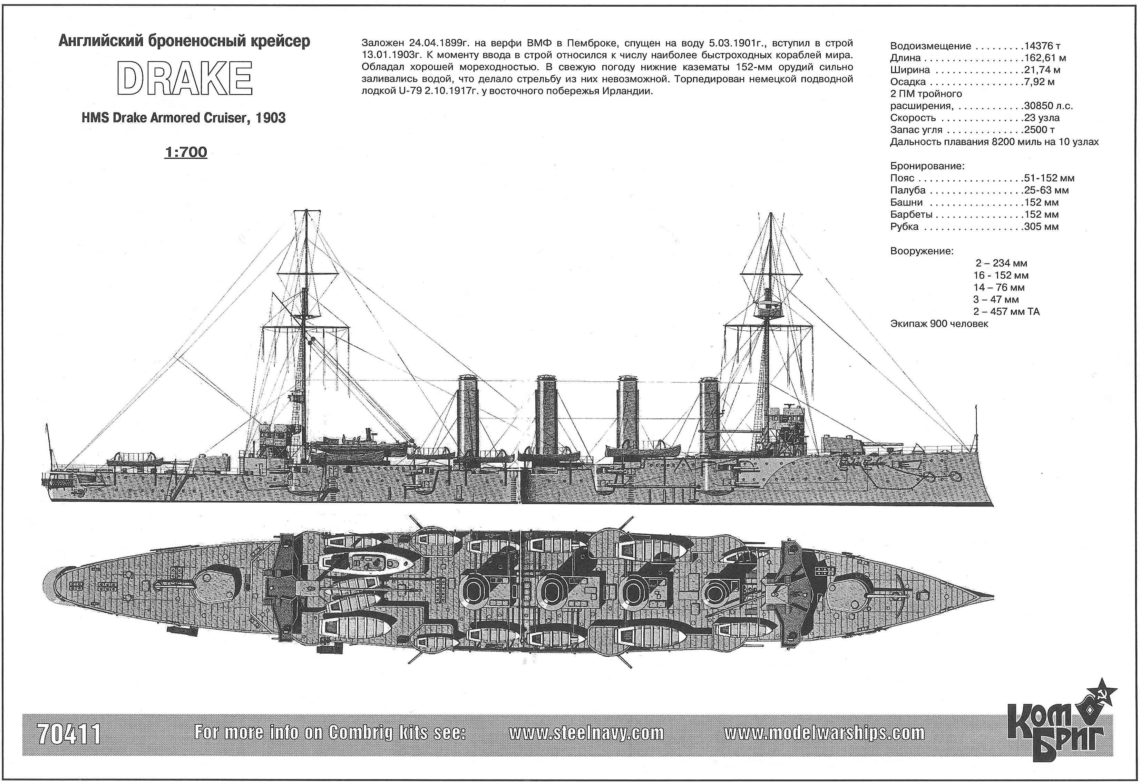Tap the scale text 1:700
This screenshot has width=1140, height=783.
[186, 152]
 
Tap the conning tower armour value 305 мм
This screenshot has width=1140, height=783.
[1041, 227]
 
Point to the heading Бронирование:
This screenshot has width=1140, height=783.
[927, 166]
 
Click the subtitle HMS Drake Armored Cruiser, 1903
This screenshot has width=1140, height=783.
[184, 118]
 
